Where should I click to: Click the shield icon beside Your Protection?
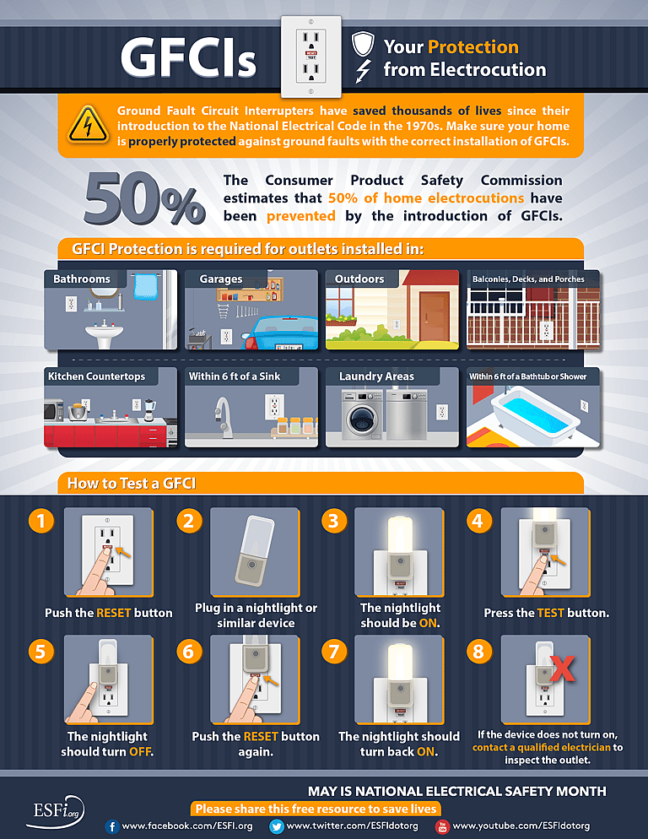pos(362,45)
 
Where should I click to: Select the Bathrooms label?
pos(82,279)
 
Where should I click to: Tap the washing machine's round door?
pos(362,418)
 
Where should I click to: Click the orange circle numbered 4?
pos(479,521)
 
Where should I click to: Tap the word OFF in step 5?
pos(140,751)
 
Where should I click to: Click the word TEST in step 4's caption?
pos(550,613)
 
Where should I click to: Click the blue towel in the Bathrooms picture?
pos(148,284)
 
